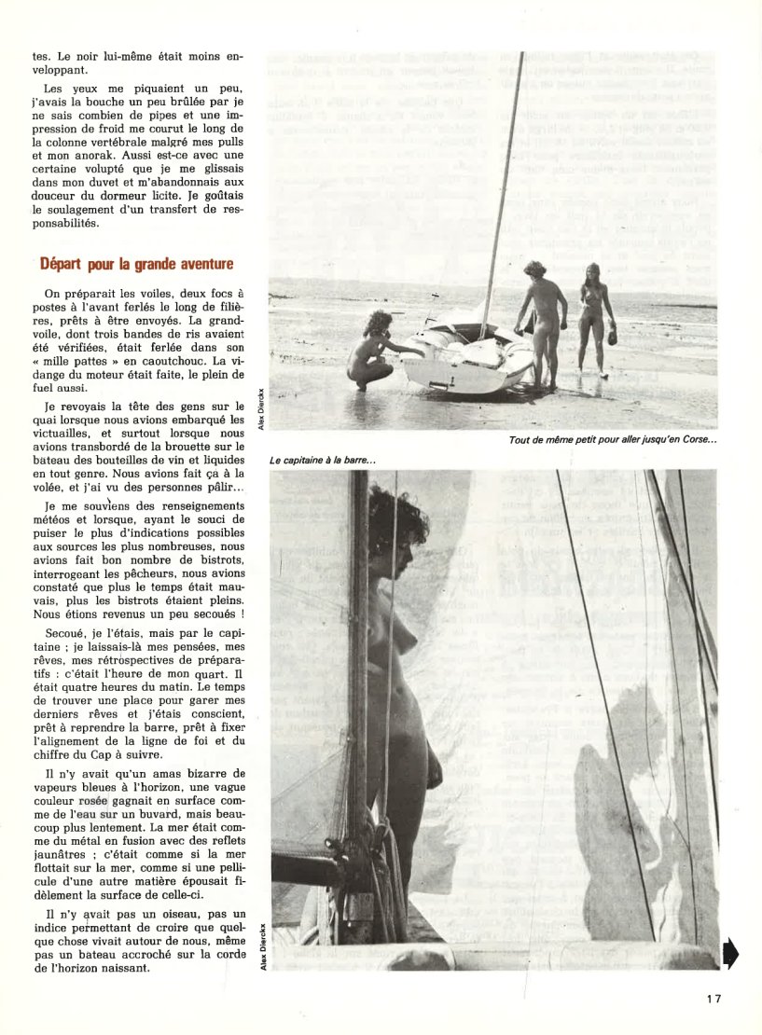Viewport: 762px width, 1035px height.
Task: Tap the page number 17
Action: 714,999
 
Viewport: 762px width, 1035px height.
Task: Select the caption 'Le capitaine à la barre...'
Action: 322,460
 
